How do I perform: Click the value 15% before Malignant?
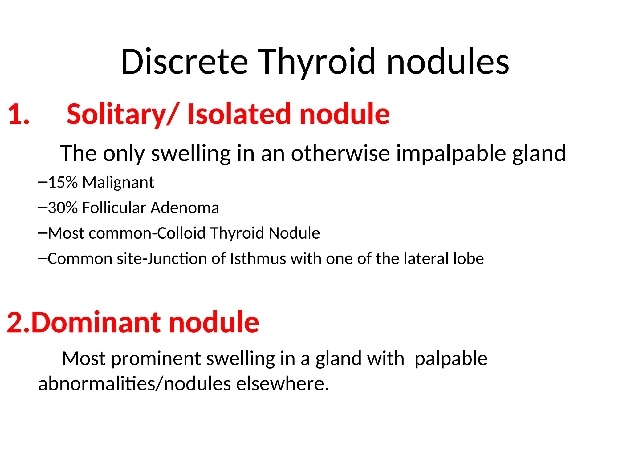63,182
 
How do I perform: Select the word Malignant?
118,182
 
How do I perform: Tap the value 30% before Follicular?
63,208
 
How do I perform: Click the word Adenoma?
185,208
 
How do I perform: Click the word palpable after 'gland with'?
451,359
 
